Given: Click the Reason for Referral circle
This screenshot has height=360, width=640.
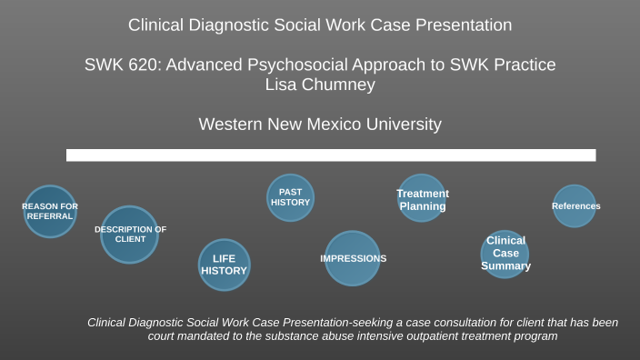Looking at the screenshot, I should (x=50, y=211).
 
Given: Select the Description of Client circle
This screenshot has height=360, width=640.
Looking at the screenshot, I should (x=129, y=235).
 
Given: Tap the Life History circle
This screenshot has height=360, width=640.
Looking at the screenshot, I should (x=224, y=265).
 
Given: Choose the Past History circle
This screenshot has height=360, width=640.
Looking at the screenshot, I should (x=290, y=197).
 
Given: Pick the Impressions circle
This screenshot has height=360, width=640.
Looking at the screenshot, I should (x=353, y=258).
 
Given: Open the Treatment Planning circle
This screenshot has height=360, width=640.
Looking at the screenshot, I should (x=422, y=198).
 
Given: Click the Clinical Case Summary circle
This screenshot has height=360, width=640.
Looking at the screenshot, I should (x=505, y=254).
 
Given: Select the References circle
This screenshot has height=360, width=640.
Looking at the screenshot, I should (x=575, y=206).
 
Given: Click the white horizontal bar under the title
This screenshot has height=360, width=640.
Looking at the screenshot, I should (x=331, y=155).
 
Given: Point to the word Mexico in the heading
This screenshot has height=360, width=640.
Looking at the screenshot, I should (x=330, y=124).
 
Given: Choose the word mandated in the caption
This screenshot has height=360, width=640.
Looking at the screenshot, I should (x=212, y=336).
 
